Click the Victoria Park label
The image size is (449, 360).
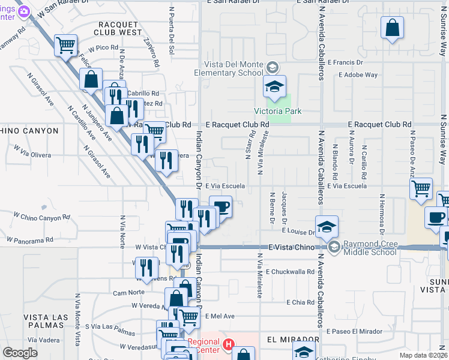[x=277, y=111]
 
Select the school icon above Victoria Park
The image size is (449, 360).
[x=274, y=86]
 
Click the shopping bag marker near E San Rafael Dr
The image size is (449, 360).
[x=392, y=28]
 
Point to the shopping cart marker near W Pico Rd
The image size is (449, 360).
[x=66, y=44]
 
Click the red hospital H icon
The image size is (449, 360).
[x=228, y=344]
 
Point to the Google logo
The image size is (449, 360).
[x=20, y=353]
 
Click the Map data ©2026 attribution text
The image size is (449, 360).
[x=423, y=355]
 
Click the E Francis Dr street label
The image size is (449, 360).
[x=343, y=62]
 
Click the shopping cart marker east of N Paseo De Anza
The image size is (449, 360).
[x=421, y=188]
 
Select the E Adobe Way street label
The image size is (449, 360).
[x=358, y=75]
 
